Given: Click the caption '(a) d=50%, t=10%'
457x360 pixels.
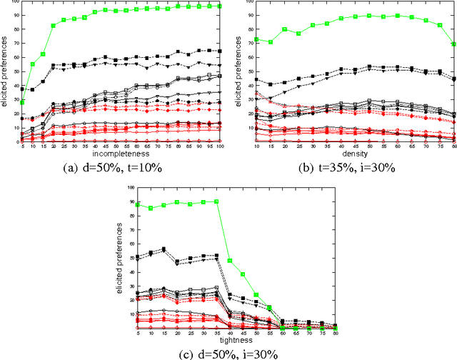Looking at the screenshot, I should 119,169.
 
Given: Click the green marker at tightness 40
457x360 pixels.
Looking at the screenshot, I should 229,261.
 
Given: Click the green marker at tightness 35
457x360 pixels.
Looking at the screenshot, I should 216,201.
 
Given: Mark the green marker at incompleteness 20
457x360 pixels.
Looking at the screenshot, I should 52,26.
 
